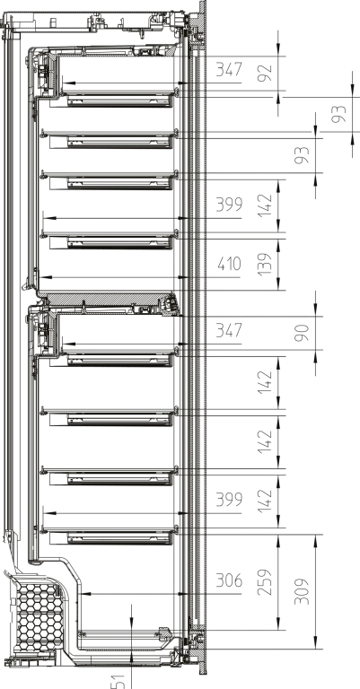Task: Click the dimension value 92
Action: tap(266, 73)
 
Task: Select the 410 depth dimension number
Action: tap(230, 264)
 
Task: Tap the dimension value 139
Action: tap(266, 265)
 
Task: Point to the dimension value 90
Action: tap(303, 333)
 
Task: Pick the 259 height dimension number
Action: tap(266, 582)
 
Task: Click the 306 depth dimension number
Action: tap(229, 581)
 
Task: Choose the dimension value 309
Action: tap(303, 592)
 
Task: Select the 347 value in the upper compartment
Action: tap(229, 69)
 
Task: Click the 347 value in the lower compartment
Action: tap(229, 330)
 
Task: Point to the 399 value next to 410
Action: tap(229, 205)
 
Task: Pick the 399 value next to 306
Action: tap(229, 500)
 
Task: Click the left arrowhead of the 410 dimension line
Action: tap(46, 277)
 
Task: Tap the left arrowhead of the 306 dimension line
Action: tap(86, 594)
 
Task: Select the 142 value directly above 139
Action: tap(266, 205)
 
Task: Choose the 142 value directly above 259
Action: tap(266, 501)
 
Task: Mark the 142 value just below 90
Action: tap(266, 382)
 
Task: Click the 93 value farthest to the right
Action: tap(339, 114)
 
